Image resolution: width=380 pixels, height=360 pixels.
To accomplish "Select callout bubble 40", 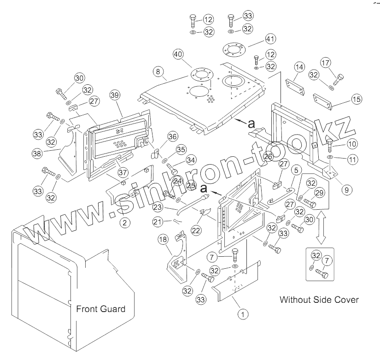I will pyautogui.click(x=179, y=54).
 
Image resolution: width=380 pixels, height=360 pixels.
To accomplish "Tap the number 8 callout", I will pyautogui.click(x=158, y=71).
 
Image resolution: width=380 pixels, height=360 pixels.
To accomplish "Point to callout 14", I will pyautogui.click(x=299, y=67).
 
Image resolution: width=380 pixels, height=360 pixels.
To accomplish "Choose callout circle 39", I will pyautogui.click(x=115, y=95).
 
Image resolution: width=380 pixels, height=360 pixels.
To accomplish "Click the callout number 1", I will pyautogui.click(x=240, y=314).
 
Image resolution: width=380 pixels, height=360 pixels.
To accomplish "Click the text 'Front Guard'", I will pyautogui.click(x=100, y=309).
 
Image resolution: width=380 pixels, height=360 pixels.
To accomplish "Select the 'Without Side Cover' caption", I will pyautogui.click(x=319, y=300).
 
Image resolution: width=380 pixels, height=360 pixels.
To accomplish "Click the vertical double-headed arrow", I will pyautogui.click(x=321, y=226).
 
